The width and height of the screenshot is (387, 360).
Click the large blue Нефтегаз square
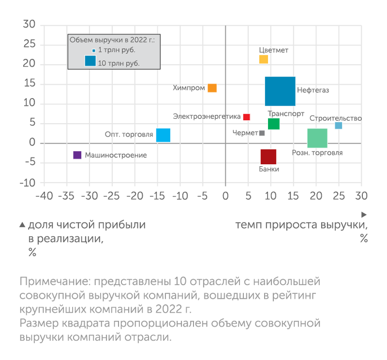click(280, 91)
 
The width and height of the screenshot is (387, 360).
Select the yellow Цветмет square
click(264, 60)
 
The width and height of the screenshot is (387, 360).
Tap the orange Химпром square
click(212, 88)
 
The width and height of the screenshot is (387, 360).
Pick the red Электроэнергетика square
click(247, 117)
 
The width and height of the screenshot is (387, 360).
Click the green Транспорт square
click(273, 124)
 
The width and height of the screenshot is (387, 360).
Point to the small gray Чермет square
click(262, 133)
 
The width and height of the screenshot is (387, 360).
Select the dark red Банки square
click(269, 157)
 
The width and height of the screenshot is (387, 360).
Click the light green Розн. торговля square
click(317, 138)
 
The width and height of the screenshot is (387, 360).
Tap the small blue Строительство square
click(338, 126)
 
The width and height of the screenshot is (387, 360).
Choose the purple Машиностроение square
click(77, 155)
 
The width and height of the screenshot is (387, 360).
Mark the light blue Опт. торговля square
click(163, 135)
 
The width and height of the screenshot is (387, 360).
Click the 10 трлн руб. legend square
click(90, 61)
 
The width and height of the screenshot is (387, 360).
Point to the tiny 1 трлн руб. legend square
click(93, 51)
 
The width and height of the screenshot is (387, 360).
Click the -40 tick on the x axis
click(44, 196)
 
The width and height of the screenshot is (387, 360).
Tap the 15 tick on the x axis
click(293, 196)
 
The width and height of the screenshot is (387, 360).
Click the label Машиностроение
click(116, 155)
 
